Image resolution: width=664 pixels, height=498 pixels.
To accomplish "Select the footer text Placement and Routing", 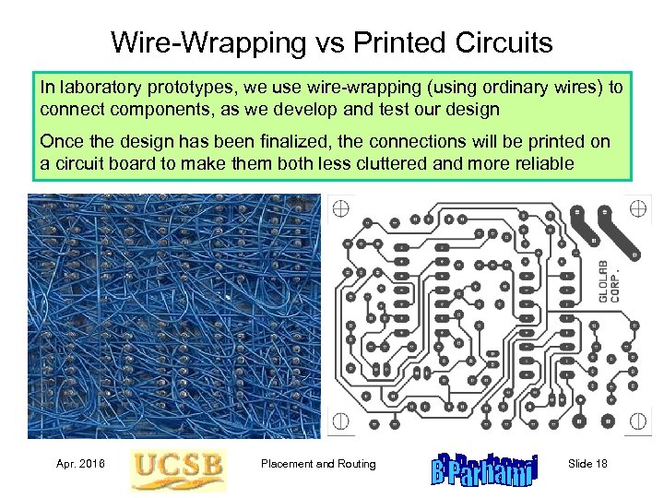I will pos(318,464).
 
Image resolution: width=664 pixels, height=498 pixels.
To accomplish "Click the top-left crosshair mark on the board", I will pos(340,207).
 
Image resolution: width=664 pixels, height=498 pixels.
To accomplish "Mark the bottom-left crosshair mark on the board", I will pos(340,422).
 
